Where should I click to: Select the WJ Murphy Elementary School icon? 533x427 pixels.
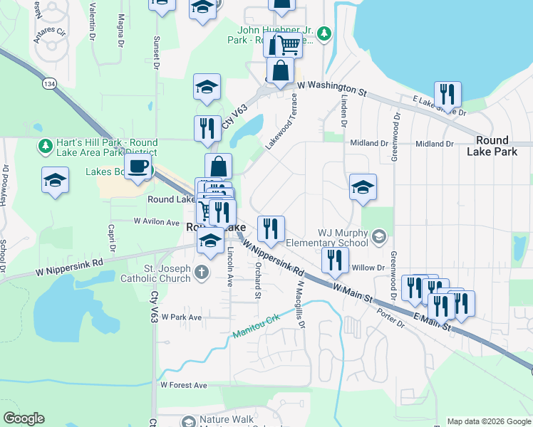click(x=379, y=236)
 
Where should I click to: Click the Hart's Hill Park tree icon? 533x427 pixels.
click(x=45, y=146)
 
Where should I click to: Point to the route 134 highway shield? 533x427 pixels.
click(x=49, y=84)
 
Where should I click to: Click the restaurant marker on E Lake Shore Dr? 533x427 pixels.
click(x=447, y=94)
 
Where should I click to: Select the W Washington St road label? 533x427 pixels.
click(x=331, y=88)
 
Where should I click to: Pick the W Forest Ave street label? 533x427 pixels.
click(x=183, y=385)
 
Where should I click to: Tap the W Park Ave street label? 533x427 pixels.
click(x=181, y=317)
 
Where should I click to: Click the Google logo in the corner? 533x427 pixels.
click(x=24, y=418)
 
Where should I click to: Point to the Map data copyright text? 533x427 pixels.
click(x=488, y=421)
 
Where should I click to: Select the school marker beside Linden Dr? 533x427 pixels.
click(x=363, y=187)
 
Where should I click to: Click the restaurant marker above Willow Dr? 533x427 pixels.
click(x=334, y=261)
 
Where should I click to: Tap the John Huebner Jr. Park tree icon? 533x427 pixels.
click(x=324, y=33)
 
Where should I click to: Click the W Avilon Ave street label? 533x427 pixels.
click(x=157, y=221)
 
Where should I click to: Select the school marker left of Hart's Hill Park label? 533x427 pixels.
click(x=55, y=180)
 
